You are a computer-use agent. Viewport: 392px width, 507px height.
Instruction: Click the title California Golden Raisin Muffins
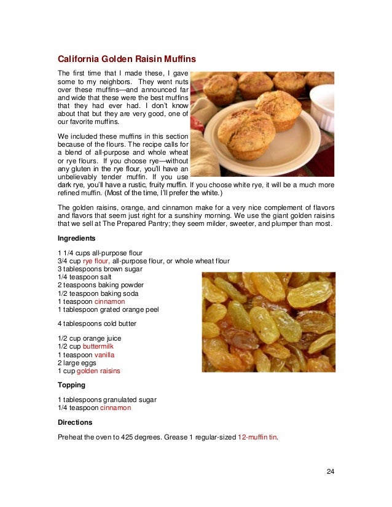tap(127, 60)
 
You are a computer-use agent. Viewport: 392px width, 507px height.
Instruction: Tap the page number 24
tap(330, 471)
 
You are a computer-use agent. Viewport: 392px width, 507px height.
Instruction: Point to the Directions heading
tap(75, 422)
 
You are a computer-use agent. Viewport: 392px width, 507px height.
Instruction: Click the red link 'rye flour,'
tap(96, 261)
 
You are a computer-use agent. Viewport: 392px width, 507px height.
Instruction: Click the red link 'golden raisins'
tap(98, 371)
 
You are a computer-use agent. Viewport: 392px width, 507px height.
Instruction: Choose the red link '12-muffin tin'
tap(257, 438)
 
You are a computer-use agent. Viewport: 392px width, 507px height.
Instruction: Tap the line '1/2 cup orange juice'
tap(89, 339)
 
